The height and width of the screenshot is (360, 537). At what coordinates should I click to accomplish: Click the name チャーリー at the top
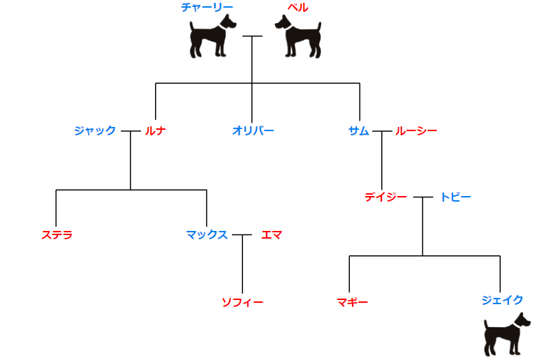207,7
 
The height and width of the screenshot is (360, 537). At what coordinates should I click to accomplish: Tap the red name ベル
298,7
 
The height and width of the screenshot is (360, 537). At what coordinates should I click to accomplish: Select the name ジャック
95,130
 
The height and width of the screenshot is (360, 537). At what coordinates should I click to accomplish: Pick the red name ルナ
155,130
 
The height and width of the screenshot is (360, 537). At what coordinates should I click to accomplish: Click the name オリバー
253,130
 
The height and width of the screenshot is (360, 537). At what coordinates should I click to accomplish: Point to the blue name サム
358,130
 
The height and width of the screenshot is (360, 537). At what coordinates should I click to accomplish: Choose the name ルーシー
416,130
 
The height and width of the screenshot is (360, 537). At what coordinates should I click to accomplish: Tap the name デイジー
385,197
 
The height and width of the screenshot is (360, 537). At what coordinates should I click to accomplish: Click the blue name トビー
455,197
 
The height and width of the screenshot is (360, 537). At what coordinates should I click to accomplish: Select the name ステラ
57,234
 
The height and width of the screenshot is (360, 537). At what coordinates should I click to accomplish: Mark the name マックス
207,234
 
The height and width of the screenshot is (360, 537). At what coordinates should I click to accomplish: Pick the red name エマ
272,234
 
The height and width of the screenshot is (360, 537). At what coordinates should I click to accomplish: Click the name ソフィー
242,302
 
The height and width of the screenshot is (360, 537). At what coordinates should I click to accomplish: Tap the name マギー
353,302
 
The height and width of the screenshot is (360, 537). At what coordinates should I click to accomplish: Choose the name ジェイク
502,300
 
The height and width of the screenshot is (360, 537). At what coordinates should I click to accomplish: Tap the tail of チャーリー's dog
192,27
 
